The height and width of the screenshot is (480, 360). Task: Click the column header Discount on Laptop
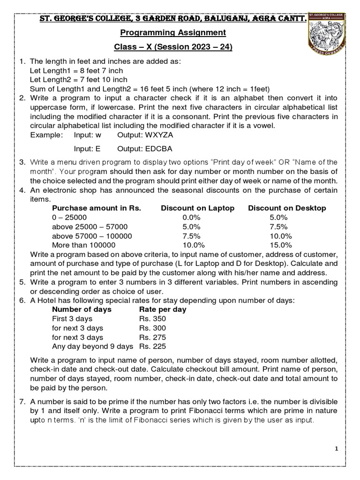197,208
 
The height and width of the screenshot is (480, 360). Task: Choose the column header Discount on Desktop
287,208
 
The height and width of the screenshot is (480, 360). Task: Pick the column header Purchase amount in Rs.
97,208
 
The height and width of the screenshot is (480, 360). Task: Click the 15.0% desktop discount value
281,245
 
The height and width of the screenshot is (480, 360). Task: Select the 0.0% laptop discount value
191,217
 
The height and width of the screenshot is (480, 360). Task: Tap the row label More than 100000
84,245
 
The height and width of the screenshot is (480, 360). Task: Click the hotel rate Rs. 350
152,319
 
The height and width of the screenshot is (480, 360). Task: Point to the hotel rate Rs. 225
152,347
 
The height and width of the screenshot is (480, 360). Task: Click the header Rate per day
163,309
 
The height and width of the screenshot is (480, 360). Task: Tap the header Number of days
82,309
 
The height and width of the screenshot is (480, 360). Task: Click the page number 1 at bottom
336,449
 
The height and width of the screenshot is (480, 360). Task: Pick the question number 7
22,402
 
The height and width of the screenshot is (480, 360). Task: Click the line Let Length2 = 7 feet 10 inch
78,80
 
